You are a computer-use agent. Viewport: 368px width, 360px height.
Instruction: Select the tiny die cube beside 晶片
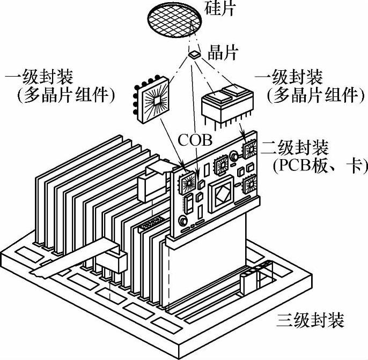(194, 54)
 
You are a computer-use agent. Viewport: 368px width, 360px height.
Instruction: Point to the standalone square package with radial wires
(152, 100)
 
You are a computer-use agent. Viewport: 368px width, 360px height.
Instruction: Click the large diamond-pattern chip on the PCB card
(222, 194)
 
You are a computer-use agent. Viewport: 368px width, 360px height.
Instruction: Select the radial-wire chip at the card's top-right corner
(250, 150)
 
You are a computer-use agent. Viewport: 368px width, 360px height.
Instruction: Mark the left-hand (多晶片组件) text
(64, 96)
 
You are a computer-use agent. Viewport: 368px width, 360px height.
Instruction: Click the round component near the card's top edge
(234, 157)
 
